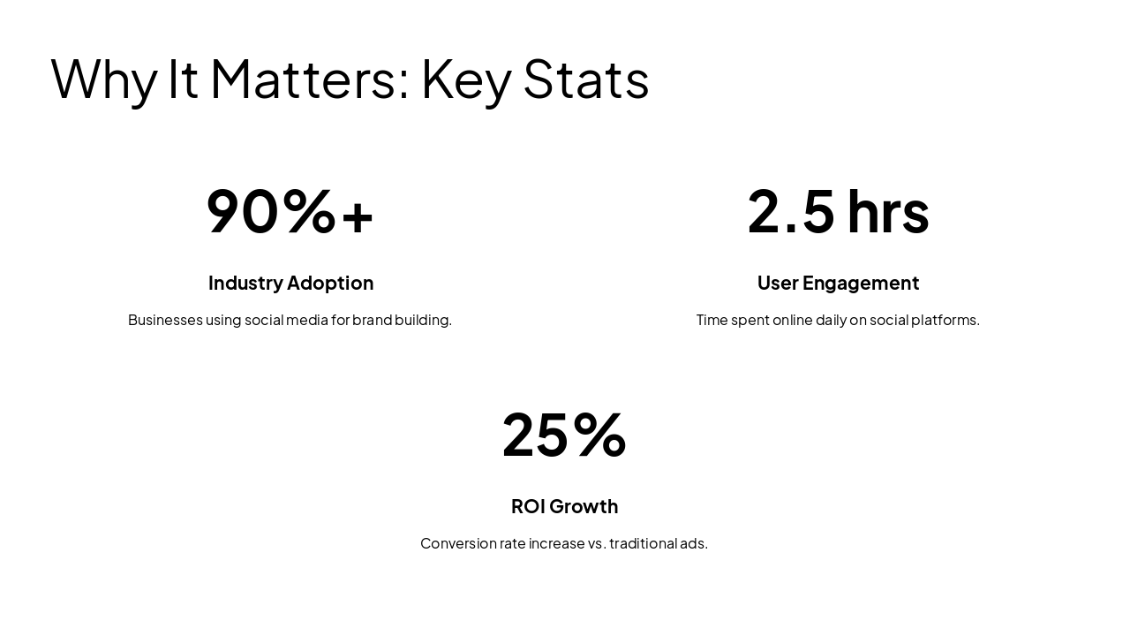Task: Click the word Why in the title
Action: pos(104,79)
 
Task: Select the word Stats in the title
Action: pos(586,79)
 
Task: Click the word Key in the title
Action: pos(466,79)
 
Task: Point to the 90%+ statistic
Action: pos(290,212)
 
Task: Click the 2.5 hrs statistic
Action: pos(838,212)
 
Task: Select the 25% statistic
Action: pos(564,435)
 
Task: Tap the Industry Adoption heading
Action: pos(290,283)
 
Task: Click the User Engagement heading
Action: pos(838,283)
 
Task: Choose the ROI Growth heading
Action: pos(564,506)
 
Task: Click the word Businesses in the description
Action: pos(165,320)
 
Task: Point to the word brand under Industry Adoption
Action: pos(372,320)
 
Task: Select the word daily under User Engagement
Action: pos(831,320)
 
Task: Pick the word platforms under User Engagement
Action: pos(945,320)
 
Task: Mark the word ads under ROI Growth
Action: pos(693,543)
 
